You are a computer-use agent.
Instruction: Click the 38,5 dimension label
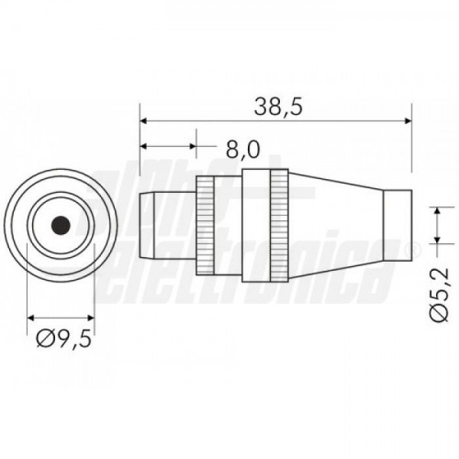pyautogui.click(x=278, y=106)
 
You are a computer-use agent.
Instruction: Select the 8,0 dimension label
pyautogui.click(x=243, y=150)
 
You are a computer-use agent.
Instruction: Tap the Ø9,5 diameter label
pyautogui.click(x=63, y=339)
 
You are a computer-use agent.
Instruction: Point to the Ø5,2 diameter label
pyautogui.click(x=440, y=295)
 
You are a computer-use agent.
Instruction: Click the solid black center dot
pyautogui.click(x=60, y=225)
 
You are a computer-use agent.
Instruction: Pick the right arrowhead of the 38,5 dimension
pyautogui.click(x=408, y=121)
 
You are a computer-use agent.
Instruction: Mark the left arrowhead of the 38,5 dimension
pyautogui.click(x=144, y=121)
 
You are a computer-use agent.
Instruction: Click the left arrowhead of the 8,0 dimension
pyautogui.click(x=144, y=146)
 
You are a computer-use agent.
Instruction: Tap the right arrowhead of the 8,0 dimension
pyautogui.click(x=192, y=146)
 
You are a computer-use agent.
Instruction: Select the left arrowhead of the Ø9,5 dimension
pyautogui.click(x=31, y=317)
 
